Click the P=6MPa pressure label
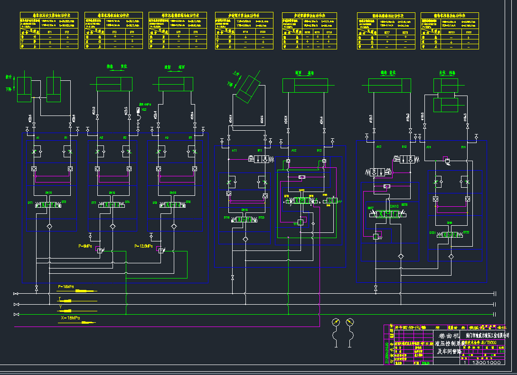[86, 246]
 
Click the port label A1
[38, 137]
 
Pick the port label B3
[190, 137]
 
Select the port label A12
[294, 151]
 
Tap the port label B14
[463, 147]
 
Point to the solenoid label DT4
[127, 202]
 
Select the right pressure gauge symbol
[350, 322]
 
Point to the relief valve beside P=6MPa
[100, 250]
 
